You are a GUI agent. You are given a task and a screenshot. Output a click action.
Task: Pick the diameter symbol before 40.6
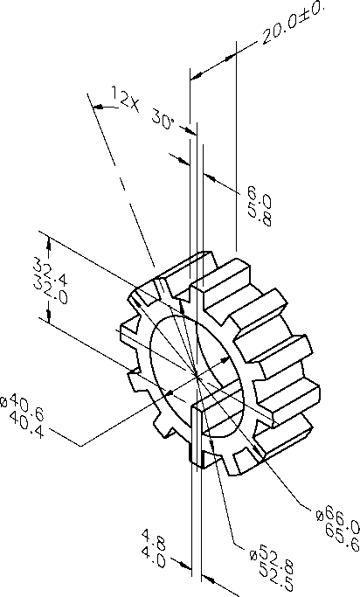tap(6, 403)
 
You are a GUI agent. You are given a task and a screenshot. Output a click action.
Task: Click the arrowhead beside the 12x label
tap(97, 107)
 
